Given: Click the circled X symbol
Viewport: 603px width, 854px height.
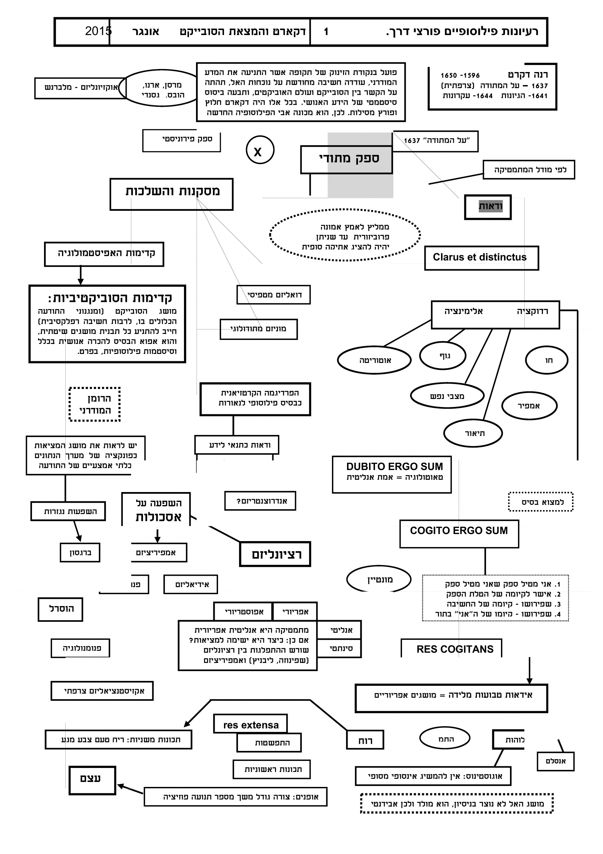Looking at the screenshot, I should click(260, 150).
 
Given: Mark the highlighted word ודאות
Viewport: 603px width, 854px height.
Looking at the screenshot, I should click(490, 206).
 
